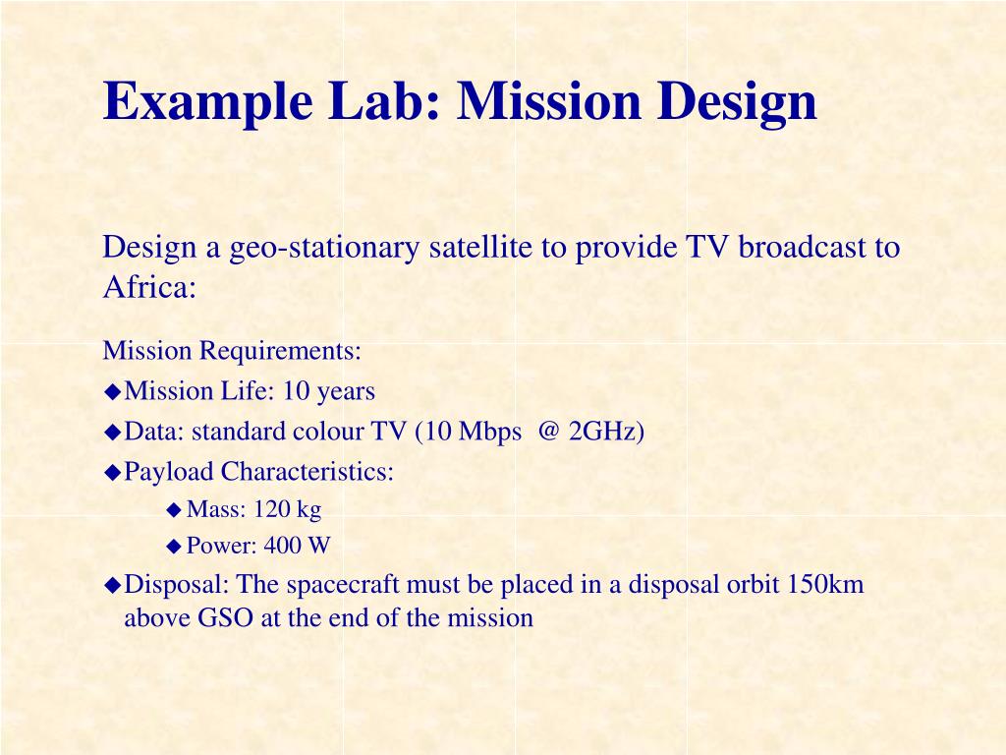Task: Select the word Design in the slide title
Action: click(x=737, y=101)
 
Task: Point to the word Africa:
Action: click(x=150, y=287)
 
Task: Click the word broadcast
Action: click(x=803, y=248)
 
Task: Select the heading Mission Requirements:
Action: click(x=232, y=351)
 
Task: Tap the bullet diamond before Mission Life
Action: click(x=113, y=391)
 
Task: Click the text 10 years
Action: click(x=328, y=391)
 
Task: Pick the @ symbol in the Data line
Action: click(x=546, y=432)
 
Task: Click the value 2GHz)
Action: click(x=606, y=432)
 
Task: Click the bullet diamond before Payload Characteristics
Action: click(x=113, y=472)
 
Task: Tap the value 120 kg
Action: click(x=288, y=509)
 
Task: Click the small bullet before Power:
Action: click(x=175, y=546)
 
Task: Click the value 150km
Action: click(x=825, y=585)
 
